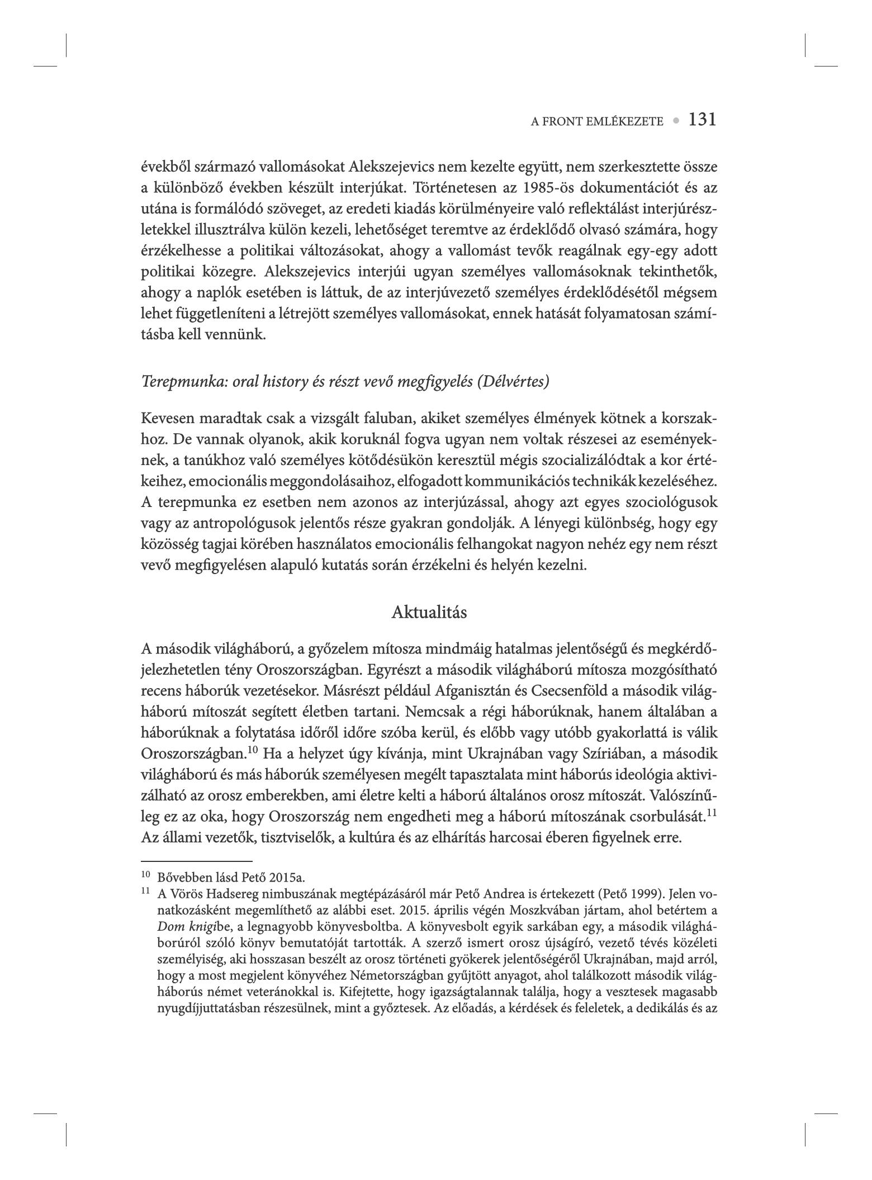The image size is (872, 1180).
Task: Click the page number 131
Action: [702, 120]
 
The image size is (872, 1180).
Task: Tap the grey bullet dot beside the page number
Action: [676, 120]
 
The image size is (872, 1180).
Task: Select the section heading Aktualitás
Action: [429, 612]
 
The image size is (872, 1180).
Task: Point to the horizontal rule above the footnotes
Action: [197, 861]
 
